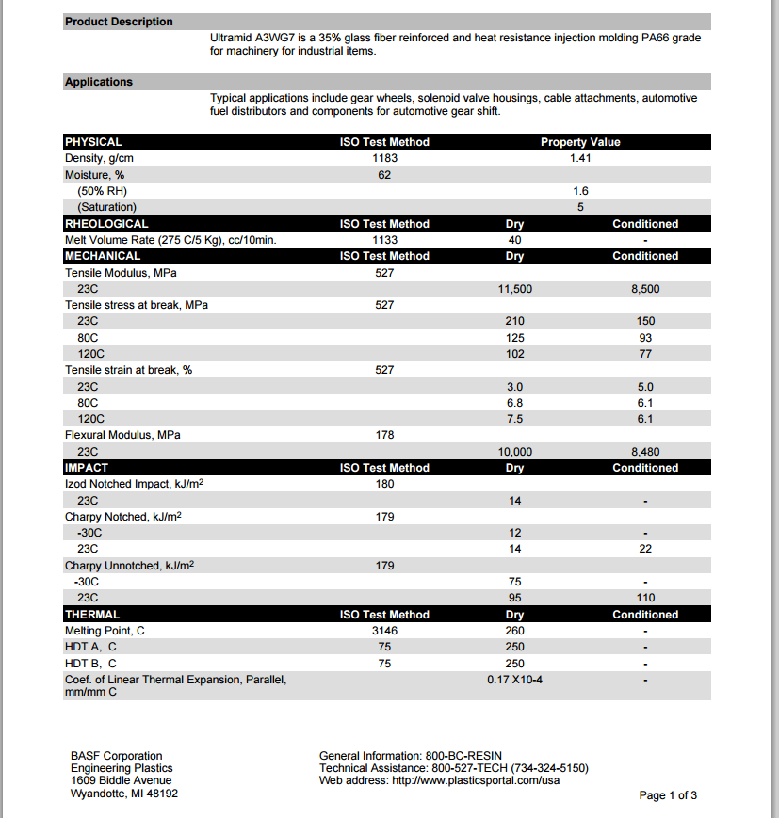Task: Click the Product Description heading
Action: point(119,22)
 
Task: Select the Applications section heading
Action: point(99,82)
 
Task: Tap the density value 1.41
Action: point(580,158)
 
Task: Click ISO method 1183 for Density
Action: point(384,158)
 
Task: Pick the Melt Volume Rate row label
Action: point(170,240)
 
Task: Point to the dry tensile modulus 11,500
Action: point(514,289)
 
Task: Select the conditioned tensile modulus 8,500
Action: point(645,289)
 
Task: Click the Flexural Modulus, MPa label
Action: point(122,435)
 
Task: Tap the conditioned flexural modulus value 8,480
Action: point(645,452)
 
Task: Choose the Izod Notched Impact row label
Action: point(135,484)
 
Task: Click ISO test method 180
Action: point(384,484)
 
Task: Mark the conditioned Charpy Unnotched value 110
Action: point(645,598)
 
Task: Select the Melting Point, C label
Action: point(105,631)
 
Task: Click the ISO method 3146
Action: point(384,631)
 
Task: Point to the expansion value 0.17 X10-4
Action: point(514,679)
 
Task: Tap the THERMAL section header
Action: point(92,615)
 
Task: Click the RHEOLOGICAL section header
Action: point(106,224)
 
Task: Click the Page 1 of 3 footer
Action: point(668,795)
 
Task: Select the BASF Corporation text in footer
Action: point(116,756)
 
